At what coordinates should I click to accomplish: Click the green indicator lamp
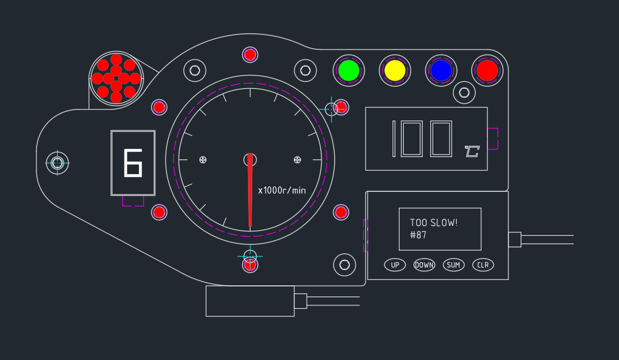tap(349, 71)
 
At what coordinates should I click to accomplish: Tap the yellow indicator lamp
tap(395, 71)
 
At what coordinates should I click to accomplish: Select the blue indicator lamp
tap(441, 71)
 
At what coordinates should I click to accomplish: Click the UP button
tap(395, 265)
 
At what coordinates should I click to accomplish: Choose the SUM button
tap(453, 265)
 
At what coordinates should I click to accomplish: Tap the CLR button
tap(483, 265)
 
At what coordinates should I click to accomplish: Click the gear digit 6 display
tap(133, 163)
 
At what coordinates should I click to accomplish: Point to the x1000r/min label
tap(282, 190)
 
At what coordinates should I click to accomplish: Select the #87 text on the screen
tap(418, 235)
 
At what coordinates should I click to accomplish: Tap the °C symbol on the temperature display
tap(471, 152)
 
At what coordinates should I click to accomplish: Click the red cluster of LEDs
tap(116, 78)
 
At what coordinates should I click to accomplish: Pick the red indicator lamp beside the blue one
tap(487, 71)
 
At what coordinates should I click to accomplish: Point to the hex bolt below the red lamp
tap(464, 92)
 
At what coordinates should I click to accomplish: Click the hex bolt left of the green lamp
tap(305, 71)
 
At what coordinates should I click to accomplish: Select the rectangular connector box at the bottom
tap(250, 301)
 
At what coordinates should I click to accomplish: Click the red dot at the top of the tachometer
tap(250, 55)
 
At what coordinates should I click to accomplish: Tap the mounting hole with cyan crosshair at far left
tap(57, 162)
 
